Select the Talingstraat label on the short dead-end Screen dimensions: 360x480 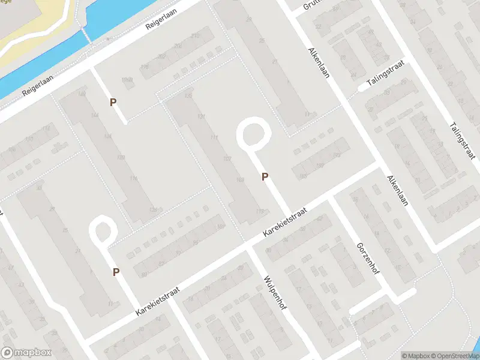tap(386, 75)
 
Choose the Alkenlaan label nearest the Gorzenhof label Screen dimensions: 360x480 tap(397, 190)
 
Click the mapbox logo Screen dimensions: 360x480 tap(26, 353)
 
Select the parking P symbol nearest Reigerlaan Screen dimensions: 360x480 tap(113, 103)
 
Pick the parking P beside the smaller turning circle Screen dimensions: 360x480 tap(116, 272)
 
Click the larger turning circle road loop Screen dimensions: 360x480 tap(253, 133)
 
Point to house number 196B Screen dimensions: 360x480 tap(126, 80)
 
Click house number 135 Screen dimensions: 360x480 tap(189, 96)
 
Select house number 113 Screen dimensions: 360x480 tap(260, 211)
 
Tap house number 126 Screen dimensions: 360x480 tap(153, 209)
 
